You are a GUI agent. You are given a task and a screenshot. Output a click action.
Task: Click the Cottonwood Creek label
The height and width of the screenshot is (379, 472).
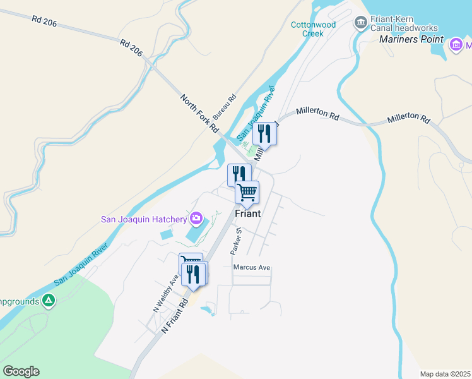tap(307, 29)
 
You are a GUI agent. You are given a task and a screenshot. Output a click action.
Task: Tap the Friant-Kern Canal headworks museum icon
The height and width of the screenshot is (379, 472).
tap(361, 23)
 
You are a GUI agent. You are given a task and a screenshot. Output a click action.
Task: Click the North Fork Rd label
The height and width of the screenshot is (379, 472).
tap(199, 113)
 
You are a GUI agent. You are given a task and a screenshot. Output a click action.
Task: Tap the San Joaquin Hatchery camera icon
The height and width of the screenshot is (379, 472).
tap(196, 219)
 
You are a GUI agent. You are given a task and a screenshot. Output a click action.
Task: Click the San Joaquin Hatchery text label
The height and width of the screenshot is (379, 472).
tap(144, 220)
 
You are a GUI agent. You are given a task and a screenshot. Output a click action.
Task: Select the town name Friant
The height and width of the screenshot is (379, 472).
tap(247, 214)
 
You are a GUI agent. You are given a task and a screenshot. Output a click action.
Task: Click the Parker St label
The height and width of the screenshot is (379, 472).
tap(236, 241)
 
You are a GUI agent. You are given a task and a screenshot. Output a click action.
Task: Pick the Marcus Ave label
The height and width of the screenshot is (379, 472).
tap(252, 268)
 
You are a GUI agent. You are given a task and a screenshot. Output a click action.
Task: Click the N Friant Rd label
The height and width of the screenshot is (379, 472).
tap(175, 316)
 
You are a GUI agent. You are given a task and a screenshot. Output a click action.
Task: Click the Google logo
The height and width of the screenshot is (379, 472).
tap(21, 371)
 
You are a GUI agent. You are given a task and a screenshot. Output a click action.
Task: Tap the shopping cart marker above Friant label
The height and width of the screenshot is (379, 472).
tap(247, 191)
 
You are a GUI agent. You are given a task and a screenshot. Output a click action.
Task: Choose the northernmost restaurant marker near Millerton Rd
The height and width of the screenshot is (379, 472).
tap(264, 133)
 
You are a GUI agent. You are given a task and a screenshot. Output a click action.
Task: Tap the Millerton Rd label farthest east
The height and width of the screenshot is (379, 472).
tap(408, 119)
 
